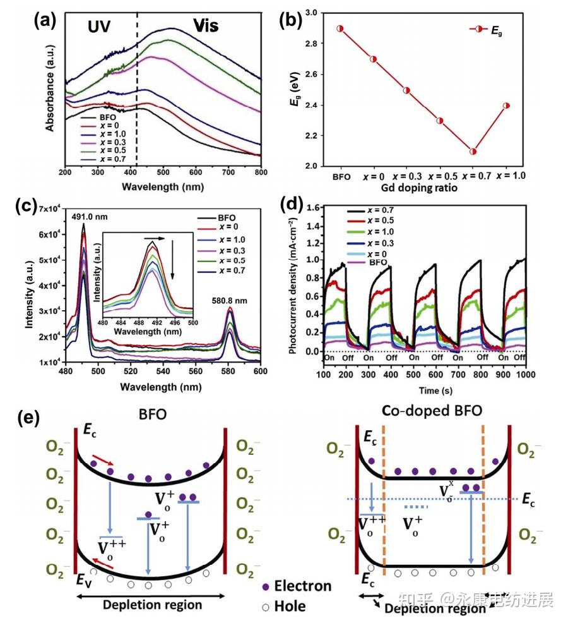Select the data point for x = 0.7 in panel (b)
click(x=473, y=151)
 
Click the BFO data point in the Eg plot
click(x=340, y=28)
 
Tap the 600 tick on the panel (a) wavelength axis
click(x=194, y=171)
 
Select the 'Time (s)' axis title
click(x=417, y=390)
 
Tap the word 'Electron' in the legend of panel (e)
click(x=303, y=586)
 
